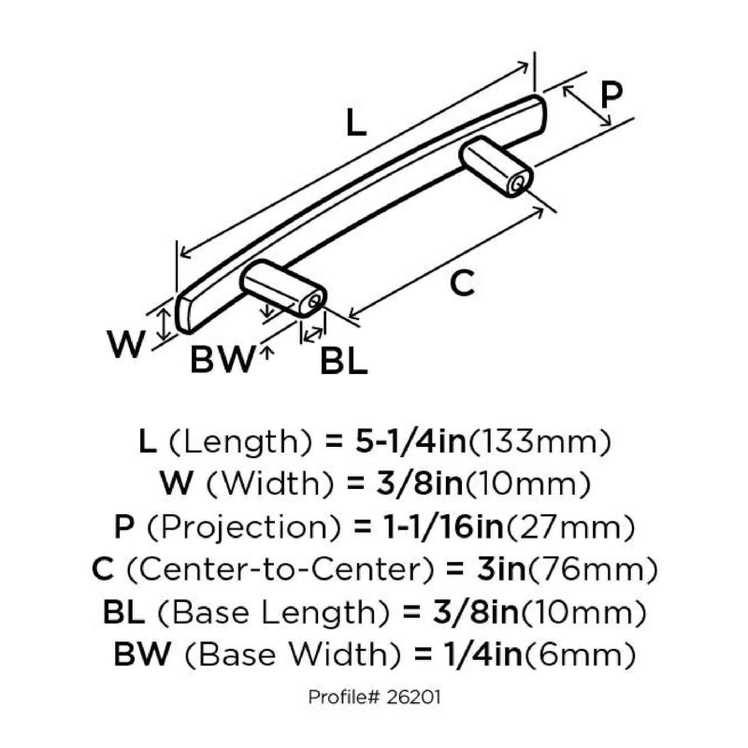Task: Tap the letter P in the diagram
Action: pyautogui.click(x=611, y=95)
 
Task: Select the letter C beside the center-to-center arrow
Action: pyautogui.click(x=462, y=283)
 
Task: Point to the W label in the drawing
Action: pyautogui.click(x=126, y=344)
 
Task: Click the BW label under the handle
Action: pyautogui.click(x=222, y=360)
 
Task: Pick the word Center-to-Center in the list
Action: pyautogui.click(x=280, y=569)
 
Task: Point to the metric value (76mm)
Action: pyautogui.click(x=592, y=569)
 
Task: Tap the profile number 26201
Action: pyautogui.click(x=413, y=697)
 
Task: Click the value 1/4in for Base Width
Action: pyautogui.click(x=483, y=654)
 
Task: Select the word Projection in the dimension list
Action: pyautogui.click(x=244, y=527)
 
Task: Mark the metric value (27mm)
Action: pyautogui.click(x=570, y=527)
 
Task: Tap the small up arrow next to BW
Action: pyautogui.click(x=267, y=354)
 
